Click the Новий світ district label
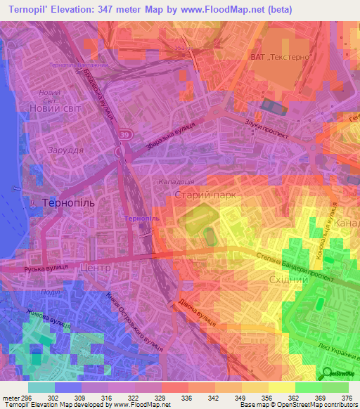coord(56,108)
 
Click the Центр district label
coord(96,268)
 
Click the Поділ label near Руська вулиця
coord(51,292)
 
